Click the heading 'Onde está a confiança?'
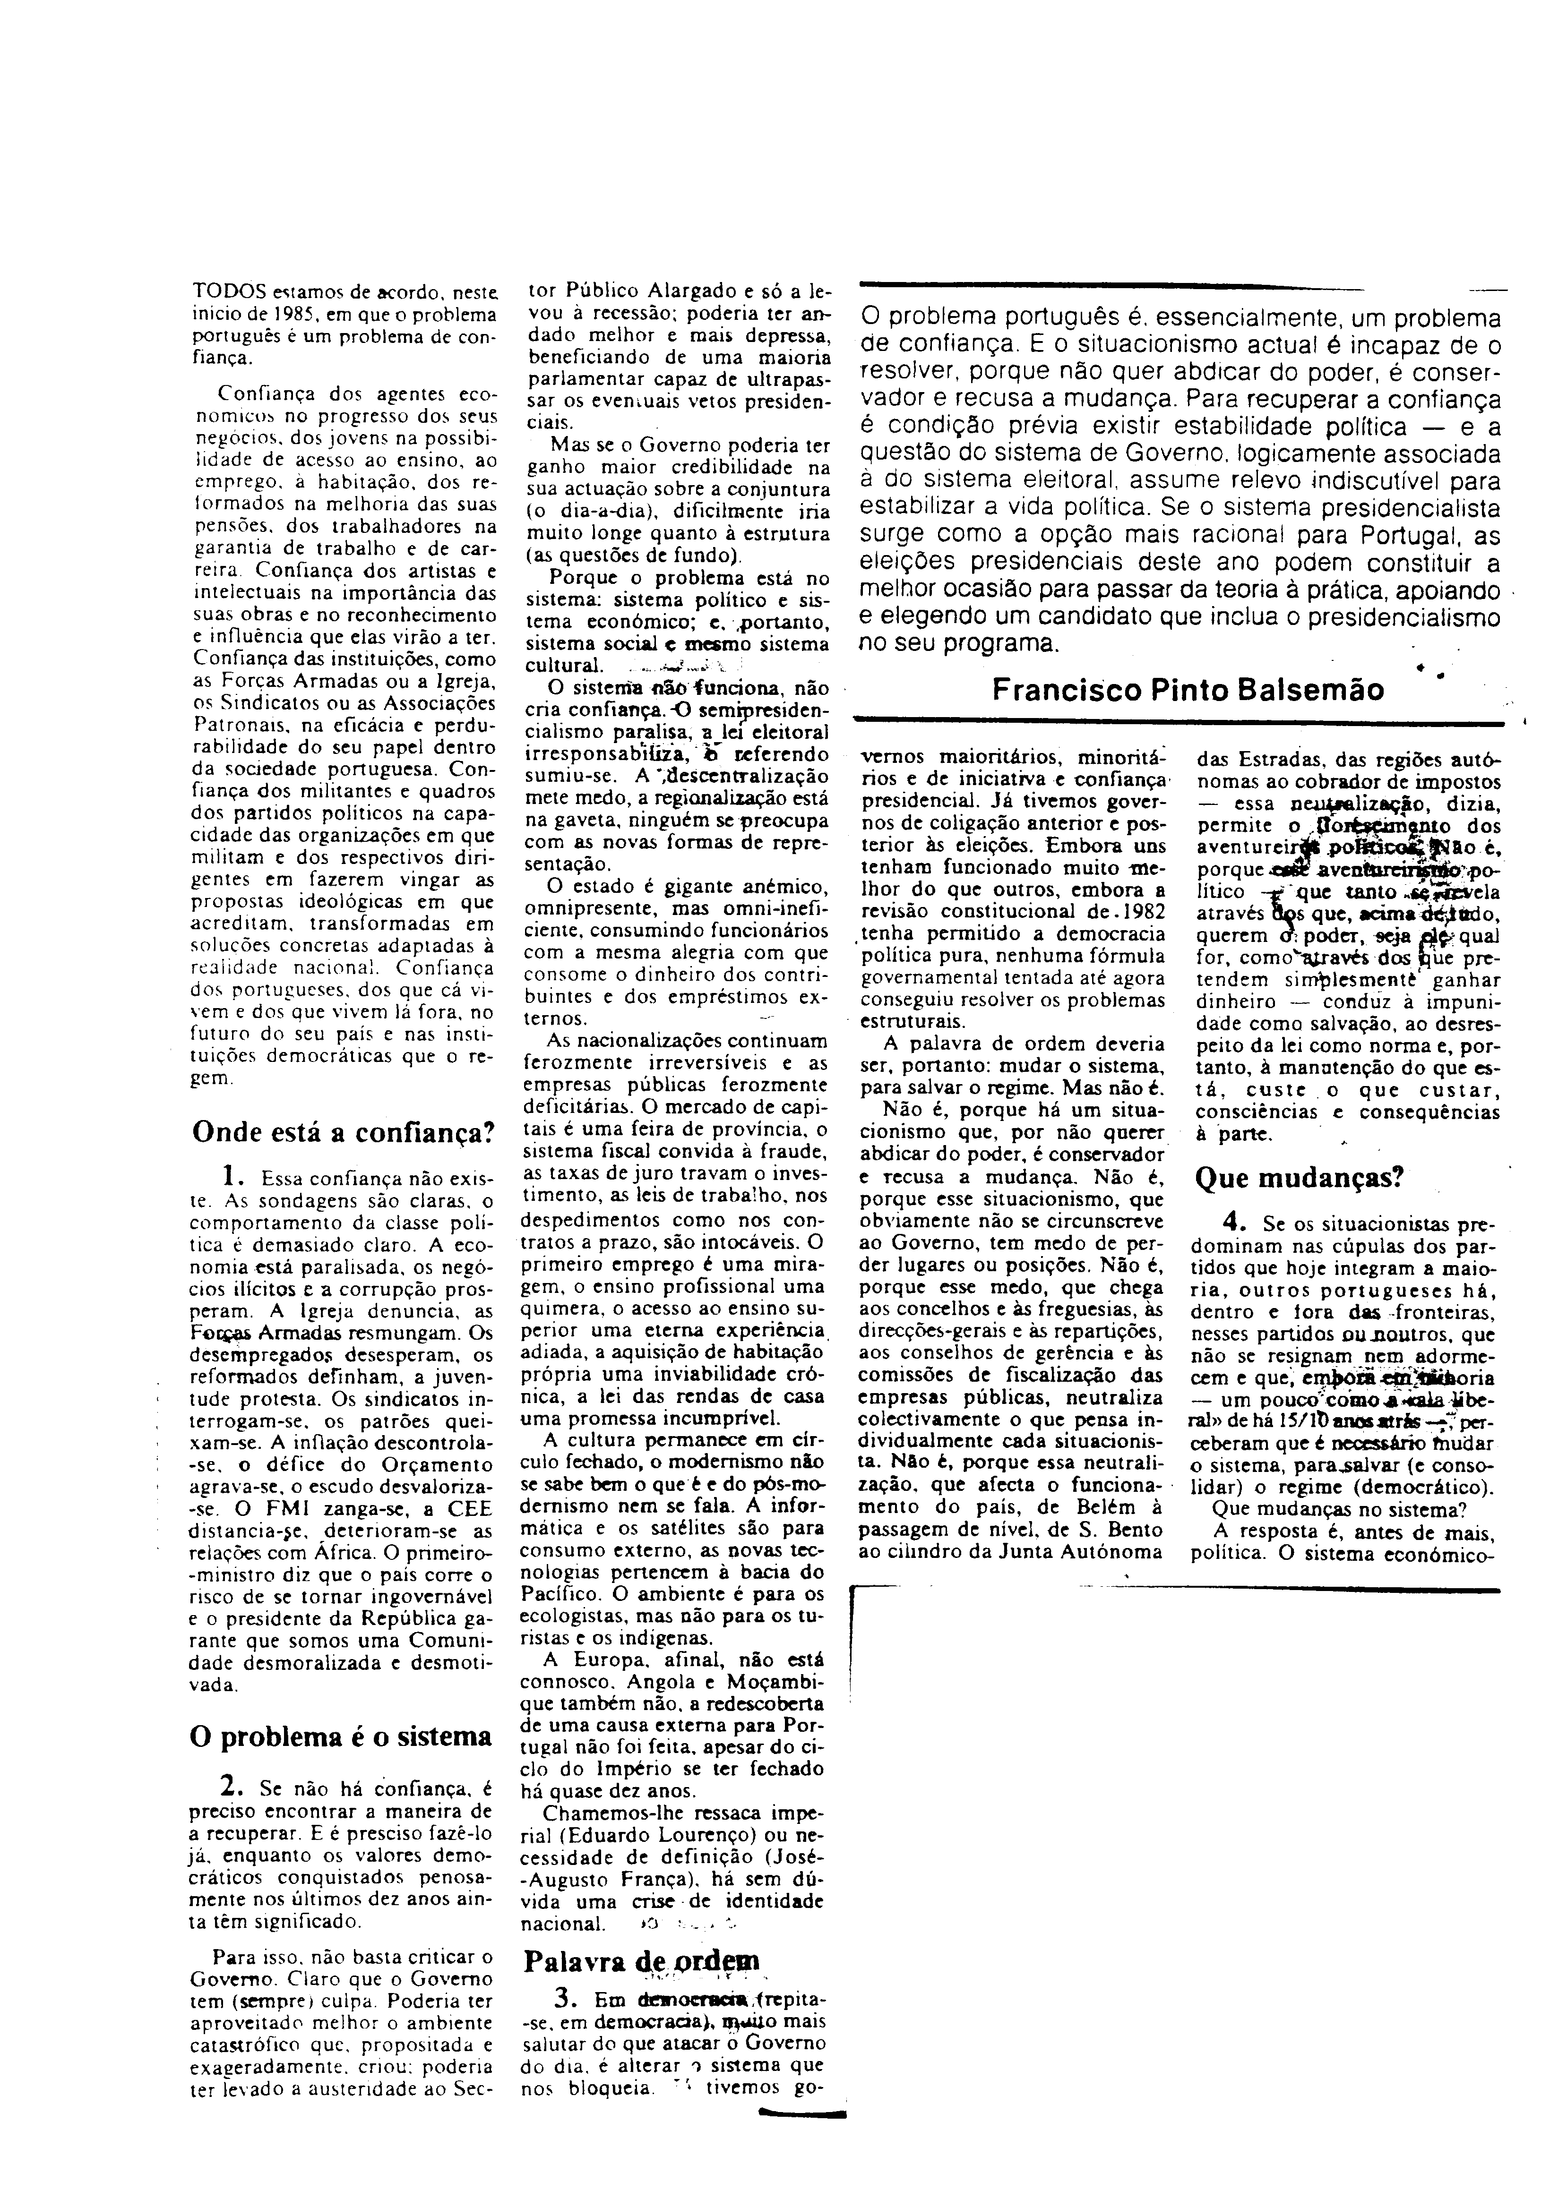[x=343, y=1131]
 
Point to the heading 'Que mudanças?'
[x=1299, y=1177]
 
